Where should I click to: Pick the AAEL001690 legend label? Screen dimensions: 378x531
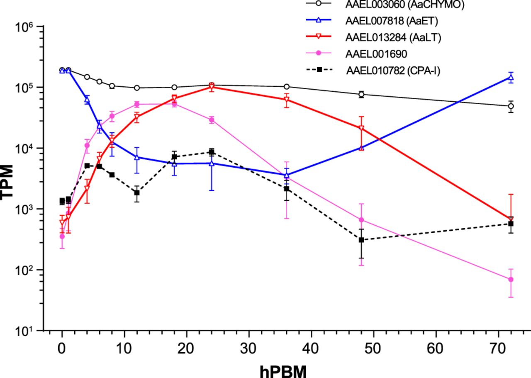(373, 54)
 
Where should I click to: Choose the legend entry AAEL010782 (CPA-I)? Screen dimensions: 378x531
(392, 71)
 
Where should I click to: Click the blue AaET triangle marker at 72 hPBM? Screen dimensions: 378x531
(511, 77)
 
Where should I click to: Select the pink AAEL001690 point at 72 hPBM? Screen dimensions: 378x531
(511, 280)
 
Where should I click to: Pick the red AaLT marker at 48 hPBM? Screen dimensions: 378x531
(361, 128)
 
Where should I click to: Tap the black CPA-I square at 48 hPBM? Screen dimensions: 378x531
(361, 240)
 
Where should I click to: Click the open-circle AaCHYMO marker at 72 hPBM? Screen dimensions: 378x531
(511, 106)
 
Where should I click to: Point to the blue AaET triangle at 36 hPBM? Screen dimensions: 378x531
(286, 175)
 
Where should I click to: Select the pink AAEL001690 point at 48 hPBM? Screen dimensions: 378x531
(361, 220)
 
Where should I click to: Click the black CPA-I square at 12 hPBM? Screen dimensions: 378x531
(137, 193)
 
